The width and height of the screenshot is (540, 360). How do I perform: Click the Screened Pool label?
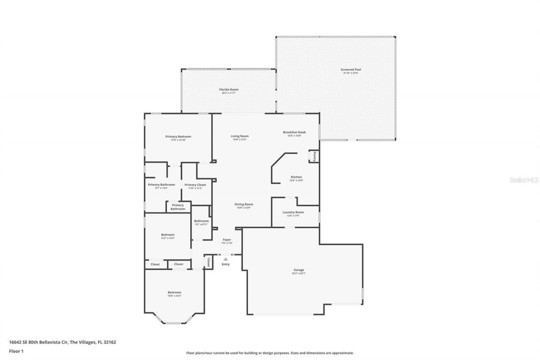click(x=351, y=70)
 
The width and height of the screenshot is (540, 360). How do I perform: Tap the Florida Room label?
click(x=228, y=89)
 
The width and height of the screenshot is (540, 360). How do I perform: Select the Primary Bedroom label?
click(x=178, y=136)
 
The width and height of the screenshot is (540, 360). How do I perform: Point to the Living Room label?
click(x=240, y=136)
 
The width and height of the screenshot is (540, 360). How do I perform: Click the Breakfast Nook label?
click(x=294, y=132)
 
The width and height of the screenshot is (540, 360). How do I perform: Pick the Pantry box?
click(x=314, y=156)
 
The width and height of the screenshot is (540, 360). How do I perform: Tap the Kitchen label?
click(x=296, y=177)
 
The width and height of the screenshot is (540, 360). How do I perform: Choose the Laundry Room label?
click(x=293, y=212)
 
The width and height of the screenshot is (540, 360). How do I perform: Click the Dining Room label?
click(x=244, y=204)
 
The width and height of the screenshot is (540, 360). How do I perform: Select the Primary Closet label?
click(x=195, y=185)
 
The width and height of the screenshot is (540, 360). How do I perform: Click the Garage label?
click(x=299, y=270)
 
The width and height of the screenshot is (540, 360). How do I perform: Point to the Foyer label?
click(x=227, y=240)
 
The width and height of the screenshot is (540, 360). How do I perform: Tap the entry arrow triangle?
click(x=226, y=259)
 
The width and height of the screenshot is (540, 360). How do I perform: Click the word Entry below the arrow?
click(x=226, y=264)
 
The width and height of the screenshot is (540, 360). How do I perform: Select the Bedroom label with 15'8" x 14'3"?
click(x=174, y=292)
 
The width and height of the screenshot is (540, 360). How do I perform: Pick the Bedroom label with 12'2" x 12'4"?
click(x=167, y=235)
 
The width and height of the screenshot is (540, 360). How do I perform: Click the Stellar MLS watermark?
click(x=524, y=180)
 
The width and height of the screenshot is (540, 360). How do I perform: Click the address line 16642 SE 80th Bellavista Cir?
click(x=62, y=342)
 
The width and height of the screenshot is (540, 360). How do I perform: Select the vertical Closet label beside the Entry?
click(x=208, y=262)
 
